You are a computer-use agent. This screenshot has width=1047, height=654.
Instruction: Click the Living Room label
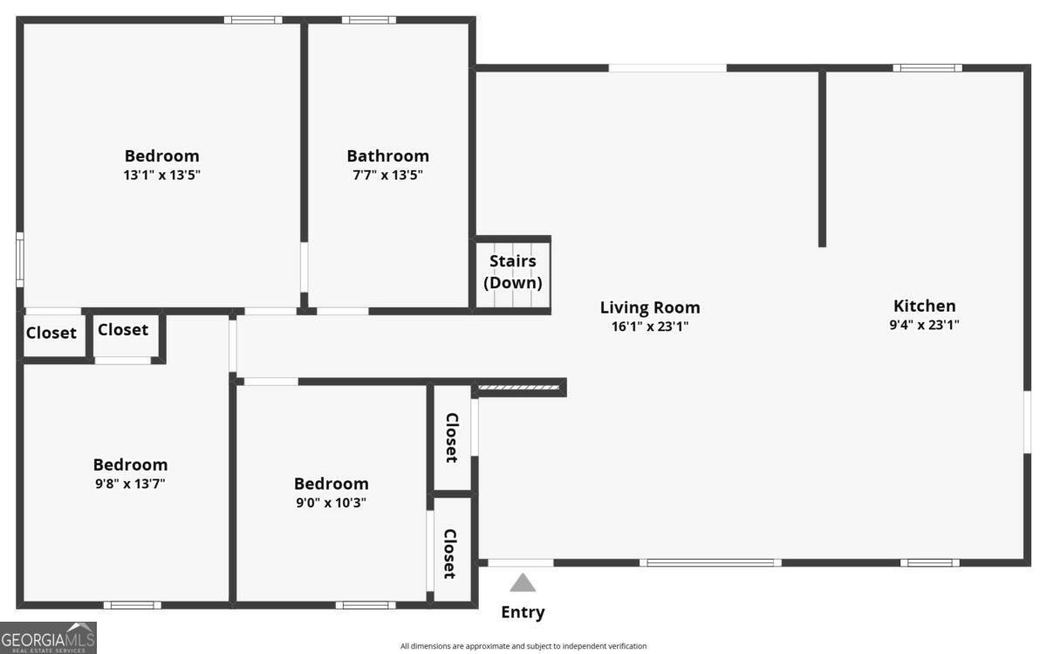pyautogui.click(x=650, y=307)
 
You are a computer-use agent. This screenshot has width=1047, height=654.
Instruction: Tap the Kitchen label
pyautogui.click(x=924, y=306)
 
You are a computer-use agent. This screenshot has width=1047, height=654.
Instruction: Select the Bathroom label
pyautogui.click(x=387, y=156)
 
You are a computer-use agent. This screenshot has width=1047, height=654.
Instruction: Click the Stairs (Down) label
pyautogui.click(x=513, y=272)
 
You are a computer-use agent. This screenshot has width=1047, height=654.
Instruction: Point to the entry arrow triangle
pyautogui.click(x=523, y=582)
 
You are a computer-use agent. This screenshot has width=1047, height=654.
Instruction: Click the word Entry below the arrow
pyautogui.click(x=523, y=612)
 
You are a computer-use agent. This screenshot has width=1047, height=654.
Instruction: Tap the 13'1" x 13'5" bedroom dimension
pyautogui.click(x=161, y=175)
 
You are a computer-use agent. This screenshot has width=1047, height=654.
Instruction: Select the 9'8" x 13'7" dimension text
pyautogui.click(x=130, y=483)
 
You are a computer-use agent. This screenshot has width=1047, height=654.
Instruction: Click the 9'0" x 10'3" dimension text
pyautogui.click(x=331, y=502)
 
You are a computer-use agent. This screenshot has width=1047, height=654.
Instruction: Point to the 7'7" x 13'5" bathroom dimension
pyautogui.click(x=387, y=175)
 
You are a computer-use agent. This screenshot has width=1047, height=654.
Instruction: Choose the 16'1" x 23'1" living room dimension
pyautogui.click(x=650, y=327)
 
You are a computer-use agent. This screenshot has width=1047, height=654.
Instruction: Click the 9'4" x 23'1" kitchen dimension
pyautogui.click(x=924, y=325)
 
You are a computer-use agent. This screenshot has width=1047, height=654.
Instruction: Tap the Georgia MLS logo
pyautogui.click(x=48, y=637)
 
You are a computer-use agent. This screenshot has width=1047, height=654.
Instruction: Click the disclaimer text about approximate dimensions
pyautogui.click(x=523, y=646)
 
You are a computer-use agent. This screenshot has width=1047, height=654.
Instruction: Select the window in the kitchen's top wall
pyautogui.click(x=927, y=68)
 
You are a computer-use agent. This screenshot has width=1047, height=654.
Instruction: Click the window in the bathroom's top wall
pyautogui.click(x=368, y=19)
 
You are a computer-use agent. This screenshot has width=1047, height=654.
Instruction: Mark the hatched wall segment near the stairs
pyautogui.click(x=519, y=387)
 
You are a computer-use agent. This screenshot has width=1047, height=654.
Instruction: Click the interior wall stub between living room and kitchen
pyautogui.click(x=822, y=157)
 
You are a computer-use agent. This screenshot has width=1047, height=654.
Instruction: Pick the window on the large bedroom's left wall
pyautogui.click(x=20, y=259)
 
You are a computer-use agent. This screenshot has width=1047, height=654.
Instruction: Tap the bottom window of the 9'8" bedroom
pyautogui.click(x=132, y=604)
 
